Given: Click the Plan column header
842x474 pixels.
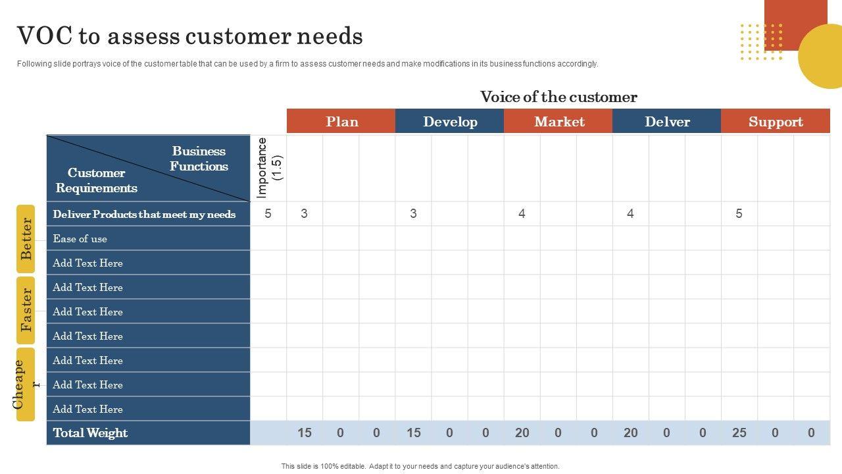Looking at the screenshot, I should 341,122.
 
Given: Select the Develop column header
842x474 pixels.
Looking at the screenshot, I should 450,122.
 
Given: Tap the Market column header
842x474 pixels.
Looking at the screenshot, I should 559,122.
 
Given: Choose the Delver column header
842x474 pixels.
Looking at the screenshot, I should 667,122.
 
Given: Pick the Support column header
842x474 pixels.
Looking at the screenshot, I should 776,122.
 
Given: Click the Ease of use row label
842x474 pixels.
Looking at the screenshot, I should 80,239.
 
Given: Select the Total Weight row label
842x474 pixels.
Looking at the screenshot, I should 90,433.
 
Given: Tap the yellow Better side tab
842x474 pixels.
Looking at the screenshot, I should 26,238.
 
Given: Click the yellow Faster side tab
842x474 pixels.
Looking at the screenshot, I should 26,309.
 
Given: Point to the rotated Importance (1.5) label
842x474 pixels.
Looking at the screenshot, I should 269,168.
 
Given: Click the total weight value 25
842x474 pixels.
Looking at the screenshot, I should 739,433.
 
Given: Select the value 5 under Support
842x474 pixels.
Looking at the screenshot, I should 739,213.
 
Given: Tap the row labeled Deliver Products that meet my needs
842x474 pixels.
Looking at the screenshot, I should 144,214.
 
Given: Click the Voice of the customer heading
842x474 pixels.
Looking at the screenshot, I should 558,97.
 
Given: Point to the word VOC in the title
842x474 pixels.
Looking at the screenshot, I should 43,36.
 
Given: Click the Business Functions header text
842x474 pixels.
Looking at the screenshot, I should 199,159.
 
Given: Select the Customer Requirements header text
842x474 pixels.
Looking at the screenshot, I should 96,180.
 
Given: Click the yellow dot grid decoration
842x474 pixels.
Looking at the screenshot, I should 761,42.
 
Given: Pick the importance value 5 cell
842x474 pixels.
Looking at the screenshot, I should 268,213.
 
